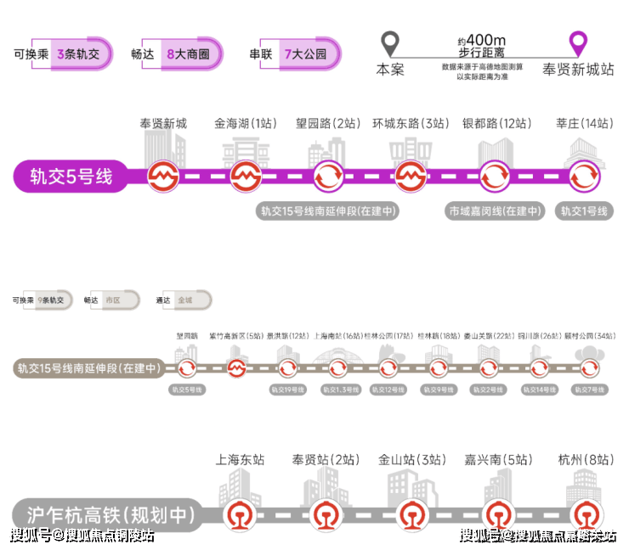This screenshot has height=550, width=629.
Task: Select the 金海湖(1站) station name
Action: [246, 124]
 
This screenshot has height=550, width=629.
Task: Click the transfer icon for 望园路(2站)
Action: [329, 177]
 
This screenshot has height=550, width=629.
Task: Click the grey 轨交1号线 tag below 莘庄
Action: [584, 211]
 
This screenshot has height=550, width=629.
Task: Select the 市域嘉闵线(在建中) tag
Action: [496, 211]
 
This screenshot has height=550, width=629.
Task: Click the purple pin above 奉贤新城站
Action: [579, 42]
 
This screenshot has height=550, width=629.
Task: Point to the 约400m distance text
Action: [481, 40]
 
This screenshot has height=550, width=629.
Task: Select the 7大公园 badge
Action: [303, 53]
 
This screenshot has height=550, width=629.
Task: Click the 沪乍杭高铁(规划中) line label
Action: [105, 515]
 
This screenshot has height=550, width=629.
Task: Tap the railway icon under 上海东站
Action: [237, 514]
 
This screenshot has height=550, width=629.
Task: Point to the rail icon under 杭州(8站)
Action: [585, 514]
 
